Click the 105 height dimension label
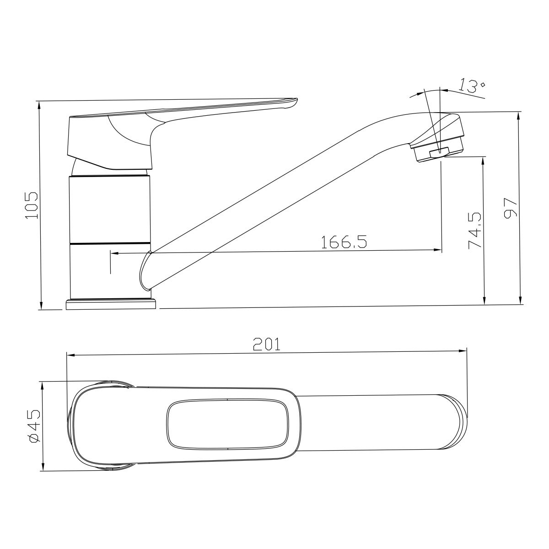coord(32,205)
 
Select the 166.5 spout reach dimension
coord(344,242)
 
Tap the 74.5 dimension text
coord(475,231)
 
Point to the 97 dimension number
coord(510,208)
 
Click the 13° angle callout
coord(472,87)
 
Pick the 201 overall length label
coord(267,344)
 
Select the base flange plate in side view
coord(111,304)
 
